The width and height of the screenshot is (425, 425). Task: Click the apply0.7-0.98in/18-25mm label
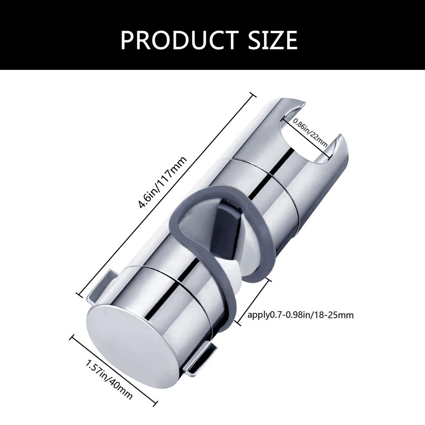coord(300,315)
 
